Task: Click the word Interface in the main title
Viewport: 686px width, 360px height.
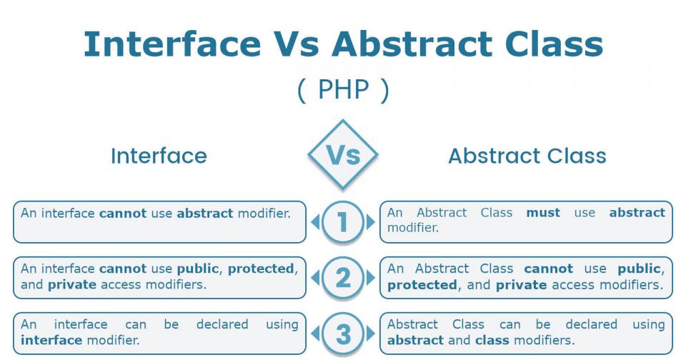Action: tap(171, 44)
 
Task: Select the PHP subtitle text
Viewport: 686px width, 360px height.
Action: tap(343, 90)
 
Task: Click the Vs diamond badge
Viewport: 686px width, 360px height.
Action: tap(343, 155)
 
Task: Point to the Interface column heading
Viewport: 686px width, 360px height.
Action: tap(159, 156)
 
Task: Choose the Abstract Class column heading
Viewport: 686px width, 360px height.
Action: tap(527, 156)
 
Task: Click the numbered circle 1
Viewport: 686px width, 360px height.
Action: tap(343, 222)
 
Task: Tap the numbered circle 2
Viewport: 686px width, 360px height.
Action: tap(343, 278)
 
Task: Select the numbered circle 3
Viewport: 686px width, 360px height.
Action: tap(343, 334)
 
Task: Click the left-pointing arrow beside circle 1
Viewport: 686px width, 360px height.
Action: tap(315, 222)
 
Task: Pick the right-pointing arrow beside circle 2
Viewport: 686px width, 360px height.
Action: tap(370, 278)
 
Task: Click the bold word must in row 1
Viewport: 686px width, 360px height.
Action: tap(543, 213)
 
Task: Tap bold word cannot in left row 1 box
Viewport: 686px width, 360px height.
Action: tap(122, 213)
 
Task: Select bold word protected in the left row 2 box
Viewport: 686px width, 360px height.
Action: tap(261, 269)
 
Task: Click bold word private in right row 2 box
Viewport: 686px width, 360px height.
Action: tap(521, 284)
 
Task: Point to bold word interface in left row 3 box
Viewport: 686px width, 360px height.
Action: tap(52, 340)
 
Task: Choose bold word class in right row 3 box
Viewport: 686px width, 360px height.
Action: tap(495, 340)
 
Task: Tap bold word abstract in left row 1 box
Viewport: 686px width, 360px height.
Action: tap(205, 213)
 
